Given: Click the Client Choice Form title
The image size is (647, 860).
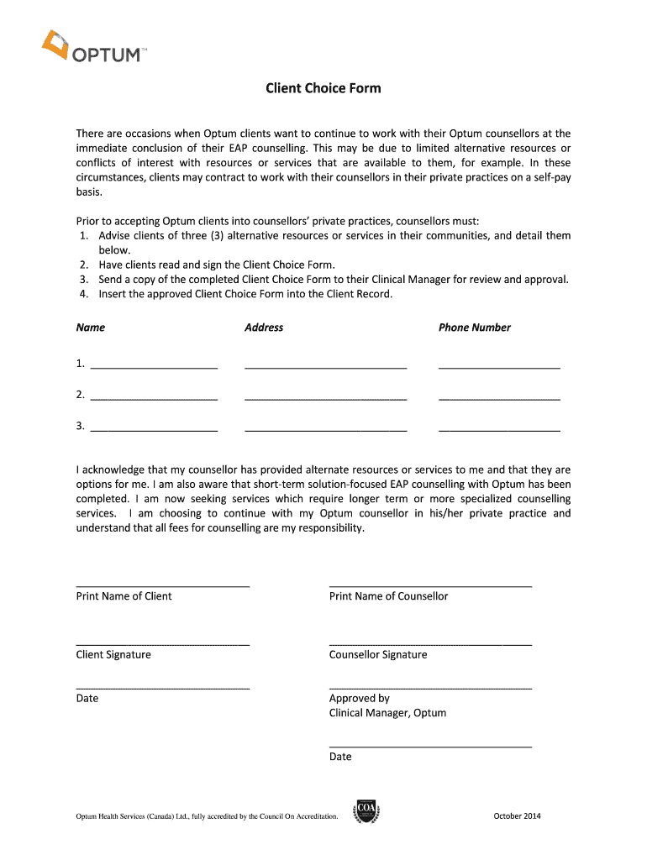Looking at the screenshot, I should [x=323, y=88].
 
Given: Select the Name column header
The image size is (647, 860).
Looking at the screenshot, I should [x=91, y=328].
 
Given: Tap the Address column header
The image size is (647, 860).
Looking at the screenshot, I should [x=264, y=328].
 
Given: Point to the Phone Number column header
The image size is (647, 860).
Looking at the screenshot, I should [x=474, y=328].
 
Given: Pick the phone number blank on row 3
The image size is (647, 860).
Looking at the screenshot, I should [x=499, y=429].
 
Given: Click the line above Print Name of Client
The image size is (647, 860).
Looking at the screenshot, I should [x=162, y=585].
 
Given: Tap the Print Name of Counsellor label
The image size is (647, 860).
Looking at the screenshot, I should [x=388, y=596].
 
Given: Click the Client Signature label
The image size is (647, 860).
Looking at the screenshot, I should [x=113, y=655].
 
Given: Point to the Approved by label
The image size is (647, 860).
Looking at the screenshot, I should [x=360, y=699].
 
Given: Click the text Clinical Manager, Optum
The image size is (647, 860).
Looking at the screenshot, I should [x=387, y=713].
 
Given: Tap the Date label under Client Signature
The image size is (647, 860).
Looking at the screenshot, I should [x=87, y=699].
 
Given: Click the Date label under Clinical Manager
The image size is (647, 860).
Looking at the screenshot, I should [x=340, y=757].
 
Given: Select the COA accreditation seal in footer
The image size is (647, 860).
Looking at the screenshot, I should [x=366, y=811].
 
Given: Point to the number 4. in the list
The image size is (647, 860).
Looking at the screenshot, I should [x=84, y=295].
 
